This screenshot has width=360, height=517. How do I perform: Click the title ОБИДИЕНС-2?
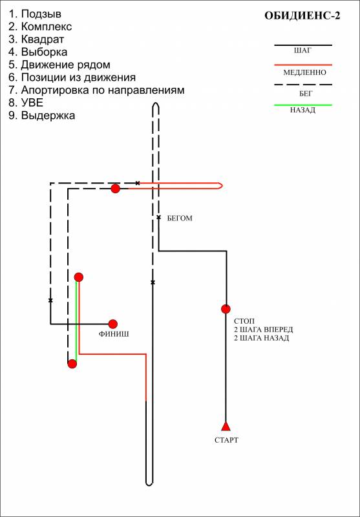pos(302,16)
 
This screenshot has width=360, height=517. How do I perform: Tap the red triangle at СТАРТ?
pos(226,426)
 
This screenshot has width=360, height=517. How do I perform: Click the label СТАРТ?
pos(226,440)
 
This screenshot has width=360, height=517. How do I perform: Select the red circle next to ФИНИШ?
pos(113,324)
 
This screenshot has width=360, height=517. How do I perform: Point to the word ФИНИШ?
pos(114,334)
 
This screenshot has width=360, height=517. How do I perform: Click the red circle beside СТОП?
pos(226,309)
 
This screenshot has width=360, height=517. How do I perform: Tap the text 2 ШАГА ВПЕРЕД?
pos(264,330)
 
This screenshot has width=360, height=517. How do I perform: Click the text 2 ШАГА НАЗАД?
pos(261,338)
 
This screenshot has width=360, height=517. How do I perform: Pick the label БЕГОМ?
pos(180,218)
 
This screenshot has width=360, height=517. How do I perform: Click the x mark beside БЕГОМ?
pos(158,217)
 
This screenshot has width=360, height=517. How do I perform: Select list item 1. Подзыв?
pos(35,14)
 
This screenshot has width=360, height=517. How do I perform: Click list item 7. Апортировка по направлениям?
pos(96,90)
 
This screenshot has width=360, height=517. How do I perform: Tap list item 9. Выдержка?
pos(42,116)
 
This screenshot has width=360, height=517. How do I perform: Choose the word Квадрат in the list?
pos(43,39)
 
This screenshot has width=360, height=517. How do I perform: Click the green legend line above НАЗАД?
pos(303,105)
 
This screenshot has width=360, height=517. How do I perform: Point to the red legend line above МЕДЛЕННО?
pos(303,65)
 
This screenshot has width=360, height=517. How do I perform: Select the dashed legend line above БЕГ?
pos(303,85)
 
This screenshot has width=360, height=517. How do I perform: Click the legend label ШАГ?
pos(302,51)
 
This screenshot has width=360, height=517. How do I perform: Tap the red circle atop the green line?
pos(78,277)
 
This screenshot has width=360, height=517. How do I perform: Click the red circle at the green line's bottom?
pos(72,364)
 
